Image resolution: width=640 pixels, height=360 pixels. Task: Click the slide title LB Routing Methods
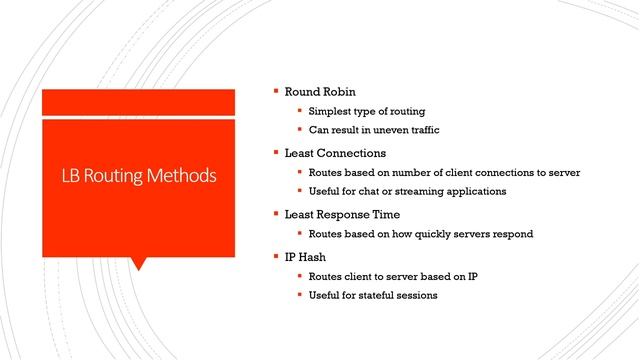[139, 176]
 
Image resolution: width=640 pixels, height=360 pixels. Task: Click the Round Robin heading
[319, 90]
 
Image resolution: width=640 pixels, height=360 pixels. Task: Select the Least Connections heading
[335, 152]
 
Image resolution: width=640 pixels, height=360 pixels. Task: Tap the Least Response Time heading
[342, 214]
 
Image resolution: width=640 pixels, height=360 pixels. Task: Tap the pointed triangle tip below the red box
[139, 267]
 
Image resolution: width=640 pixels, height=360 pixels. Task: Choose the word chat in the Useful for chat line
[376, 191]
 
